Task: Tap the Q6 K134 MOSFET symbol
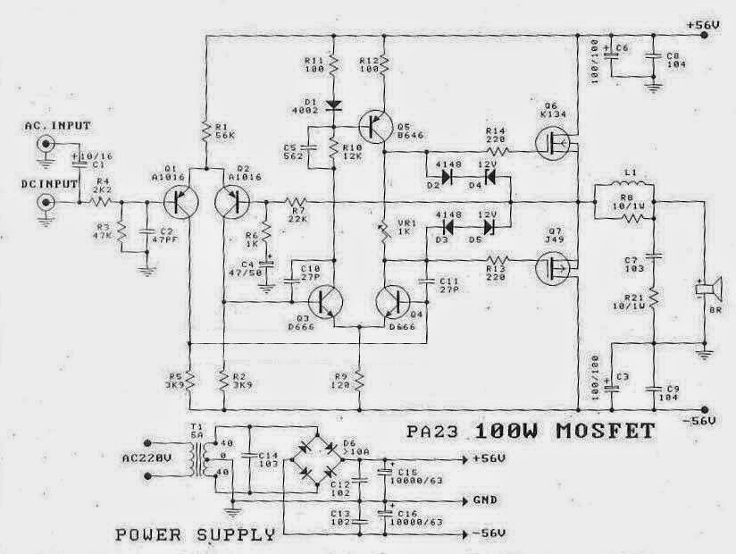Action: [554, 141]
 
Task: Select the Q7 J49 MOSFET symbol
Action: [554, 265]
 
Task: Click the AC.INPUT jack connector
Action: [43, 157]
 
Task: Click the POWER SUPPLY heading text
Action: [195, 536]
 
